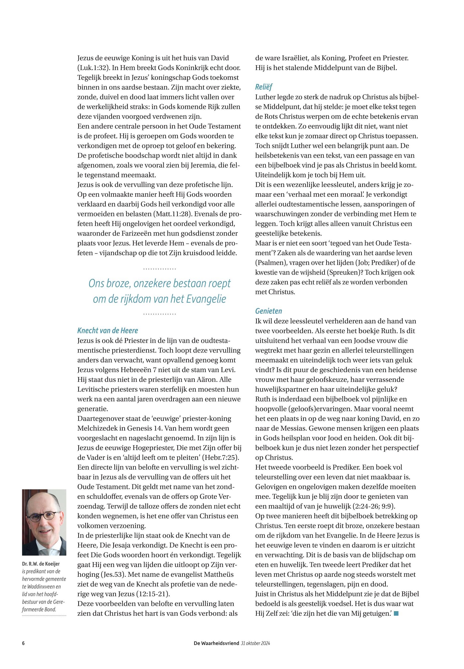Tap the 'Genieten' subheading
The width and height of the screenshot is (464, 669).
[268, 311]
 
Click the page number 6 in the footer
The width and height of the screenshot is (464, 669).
[23, 643]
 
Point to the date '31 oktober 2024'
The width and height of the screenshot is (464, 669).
[255, 643]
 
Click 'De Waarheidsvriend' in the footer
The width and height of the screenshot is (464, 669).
[216, 643]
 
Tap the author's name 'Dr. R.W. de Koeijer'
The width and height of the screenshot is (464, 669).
[41, 564]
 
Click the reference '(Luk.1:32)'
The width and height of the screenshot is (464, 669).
[93, 68]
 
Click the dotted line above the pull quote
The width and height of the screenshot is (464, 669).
[160, 269]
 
